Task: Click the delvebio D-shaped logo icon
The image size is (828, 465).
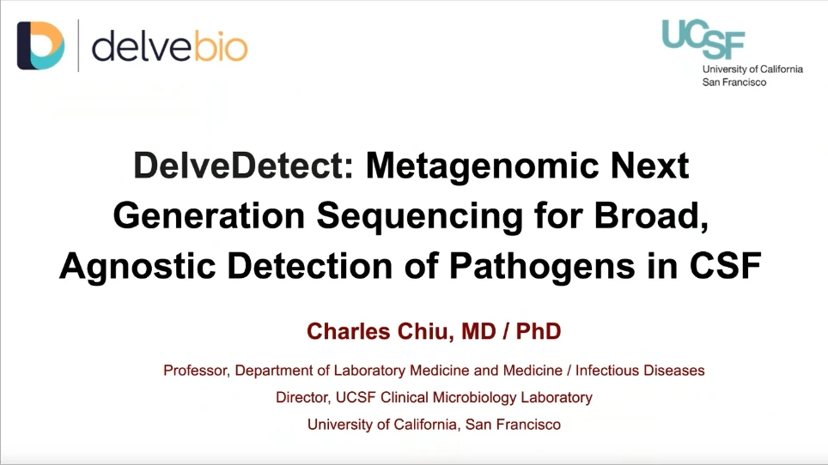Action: coord(40,45)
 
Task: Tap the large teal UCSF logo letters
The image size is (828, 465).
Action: coord(703,39)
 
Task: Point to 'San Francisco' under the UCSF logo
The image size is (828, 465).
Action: coord(734,82)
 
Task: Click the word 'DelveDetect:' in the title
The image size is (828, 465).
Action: coord(243,166)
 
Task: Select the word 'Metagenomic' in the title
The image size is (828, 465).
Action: coord(483,166)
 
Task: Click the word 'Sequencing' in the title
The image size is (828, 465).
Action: coord(420,216)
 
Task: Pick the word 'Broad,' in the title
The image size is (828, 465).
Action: coord(651,215)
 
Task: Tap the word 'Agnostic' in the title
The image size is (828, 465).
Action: coord(137,266)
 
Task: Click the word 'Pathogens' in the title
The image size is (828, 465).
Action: coord(542,266)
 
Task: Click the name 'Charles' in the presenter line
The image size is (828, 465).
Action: coord(348,332)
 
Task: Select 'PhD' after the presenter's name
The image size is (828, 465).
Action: coord(538,332)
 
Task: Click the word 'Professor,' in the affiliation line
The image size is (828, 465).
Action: coord(197,371)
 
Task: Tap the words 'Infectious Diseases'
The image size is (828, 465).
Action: coord(640,371)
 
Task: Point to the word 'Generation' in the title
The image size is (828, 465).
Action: coord(209,216)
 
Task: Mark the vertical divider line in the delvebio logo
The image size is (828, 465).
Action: coord(78,45)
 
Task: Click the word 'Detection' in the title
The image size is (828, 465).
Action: coord(310,266)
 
